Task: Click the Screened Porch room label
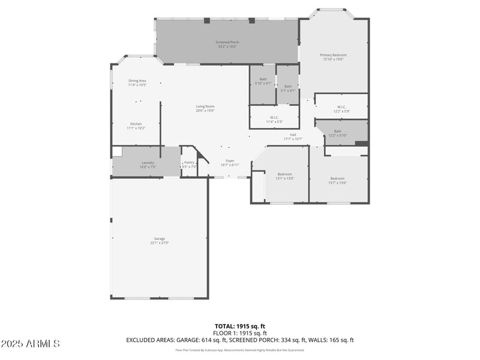point(227,41)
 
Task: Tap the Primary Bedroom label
point(335,55)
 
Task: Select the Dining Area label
point(137,81)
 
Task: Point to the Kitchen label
point(136,124)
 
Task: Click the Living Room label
point(205,106)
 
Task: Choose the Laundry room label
point(148,163)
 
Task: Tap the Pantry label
point(189,162)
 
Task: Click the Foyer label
point(229,160)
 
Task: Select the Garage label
point(159,238)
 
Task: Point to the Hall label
point(293,134)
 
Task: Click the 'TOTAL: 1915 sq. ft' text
point(239,326)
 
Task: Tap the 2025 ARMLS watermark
point(30,344)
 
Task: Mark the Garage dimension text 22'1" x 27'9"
point(159,243)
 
